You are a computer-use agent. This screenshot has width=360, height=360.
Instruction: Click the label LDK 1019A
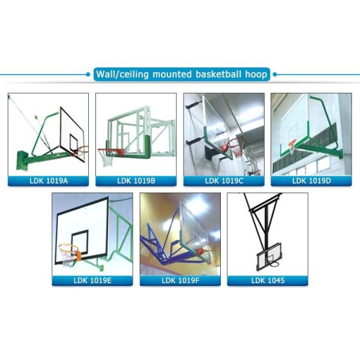click(x=49, y=181)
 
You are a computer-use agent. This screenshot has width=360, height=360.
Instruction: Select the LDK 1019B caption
click(x=136, y=181)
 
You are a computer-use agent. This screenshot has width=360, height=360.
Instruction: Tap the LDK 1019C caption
click(x=224, y=181)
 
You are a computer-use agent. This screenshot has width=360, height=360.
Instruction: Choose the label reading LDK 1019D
click(x=311, y=181)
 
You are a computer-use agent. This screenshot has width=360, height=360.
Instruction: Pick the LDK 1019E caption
click(x=92, y=280)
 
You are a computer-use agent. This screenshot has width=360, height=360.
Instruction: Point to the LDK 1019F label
click(x=181, y=280)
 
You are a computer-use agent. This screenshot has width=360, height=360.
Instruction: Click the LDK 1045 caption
click(x=268, y=280)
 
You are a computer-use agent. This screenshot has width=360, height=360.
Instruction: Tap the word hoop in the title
click(x=256, y=75)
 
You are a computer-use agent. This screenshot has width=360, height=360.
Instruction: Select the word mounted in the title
click(x=172, y=74)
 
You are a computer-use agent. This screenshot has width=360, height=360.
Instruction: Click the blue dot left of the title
click(x=88, y=74)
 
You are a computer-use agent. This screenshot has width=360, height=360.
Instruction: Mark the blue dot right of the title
click(x=275, y=74)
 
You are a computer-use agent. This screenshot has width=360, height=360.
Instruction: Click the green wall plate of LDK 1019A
click(x=22, y=160)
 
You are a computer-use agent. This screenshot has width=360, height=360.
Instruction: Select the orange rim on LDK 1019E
click(x=69, y=247)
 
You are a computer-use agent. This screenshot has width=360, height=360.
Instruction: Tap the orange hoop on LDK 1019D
click(x=293, y=144)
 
